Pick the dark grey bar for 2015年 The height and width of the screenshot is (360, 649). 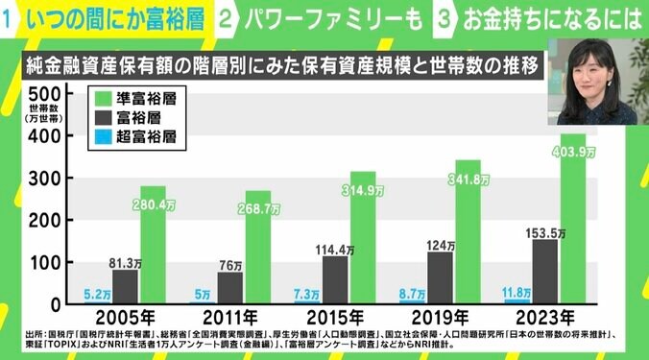pos(334,279)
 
